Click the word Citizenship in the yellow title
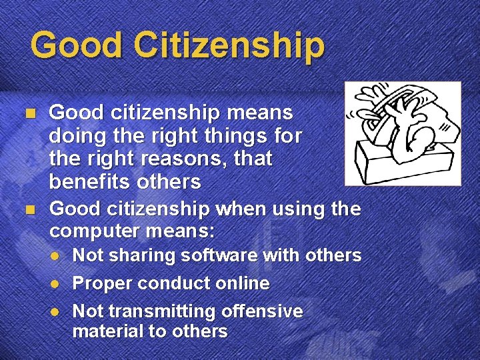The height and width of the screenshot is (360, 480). (229, 45)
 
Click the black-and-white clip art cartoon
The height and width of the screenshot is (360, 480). (402, 133)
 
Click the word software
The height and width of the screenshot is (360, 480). (217, 255)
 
